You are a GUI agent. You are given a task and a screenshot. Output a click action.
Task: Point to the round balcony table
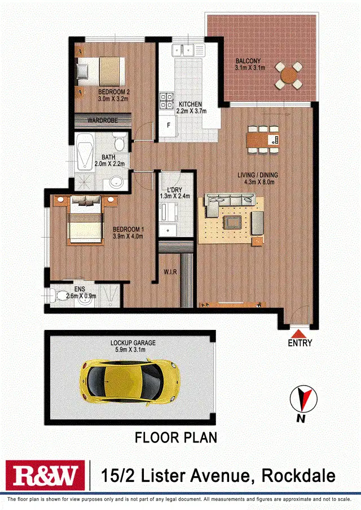288,75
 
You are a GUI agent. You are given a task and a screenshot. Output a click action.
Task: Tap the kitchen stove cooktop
167,100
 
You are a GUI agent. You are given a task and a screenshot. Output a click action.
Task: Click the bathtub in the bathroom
85,153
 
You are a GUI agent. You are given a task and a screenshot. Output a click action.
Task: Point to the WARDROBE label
102,119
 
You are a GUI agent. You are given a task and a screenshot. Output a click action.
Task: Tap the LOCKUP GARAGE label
133,343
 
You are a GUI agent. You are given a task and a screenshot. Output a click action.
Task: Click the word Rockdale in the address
298,476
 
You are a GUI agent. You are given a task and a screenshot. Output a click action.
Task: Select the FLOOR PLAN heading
175,437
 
